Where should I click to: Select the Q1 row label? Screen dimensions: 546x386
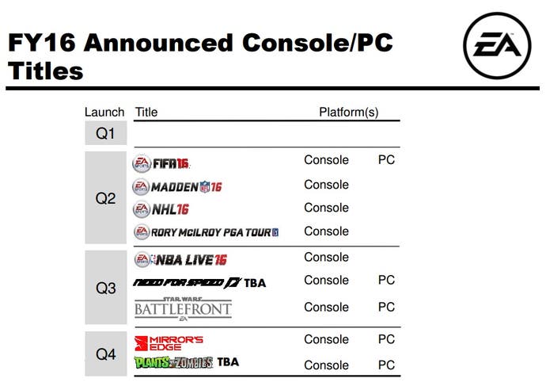click(x=105, y=133)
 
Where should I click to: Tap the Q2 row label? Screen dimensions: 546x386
click(x=105, y=198)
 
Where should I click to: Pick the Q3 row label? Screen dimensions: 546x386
click(x=105, y=288)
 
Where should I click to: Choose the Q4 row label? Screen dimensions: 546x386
click(x=105, y=354)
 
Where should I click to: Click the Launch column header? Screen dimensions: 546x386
click(x=104, y=112)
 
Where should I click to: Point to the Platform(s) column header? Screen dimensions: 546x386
click(x=348, y=113)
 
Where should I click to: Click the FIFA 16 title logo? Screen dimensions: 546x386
click(x=161, y=162)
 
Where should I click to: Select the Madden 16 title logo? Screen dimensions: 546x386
click(x=177, y=187)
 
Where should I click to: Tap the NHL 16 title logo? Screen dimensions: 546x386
click(x=161, y=209)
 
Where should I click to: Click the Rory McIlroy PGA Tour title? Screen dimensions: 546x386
click(x=207, y=232)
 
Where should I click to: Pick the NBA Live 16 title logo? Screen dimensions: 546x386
click(x=180, y=259)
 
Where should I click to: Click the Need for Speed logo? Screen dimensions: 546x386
click(x=188, y=282)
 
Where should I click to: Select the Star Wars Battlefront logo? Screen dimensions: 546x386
click(x=183, y=308)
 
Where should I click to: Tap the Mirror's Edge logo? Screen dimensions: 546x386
click(x=169, y=343)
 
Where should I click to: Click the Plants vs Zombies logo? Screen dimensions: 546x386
click(x=173, y=363)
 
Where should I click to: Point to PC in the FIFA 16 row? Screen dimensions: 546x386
click(x=386, y=159)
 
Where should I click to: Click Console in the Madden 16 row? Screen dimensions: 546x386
click(x=326, y=185)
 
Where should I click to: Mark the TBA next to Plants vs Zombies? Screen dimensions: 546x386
click(x=228, y=362)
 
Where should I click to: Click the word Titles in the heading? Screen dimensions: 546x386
click(x=46, y=71)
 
